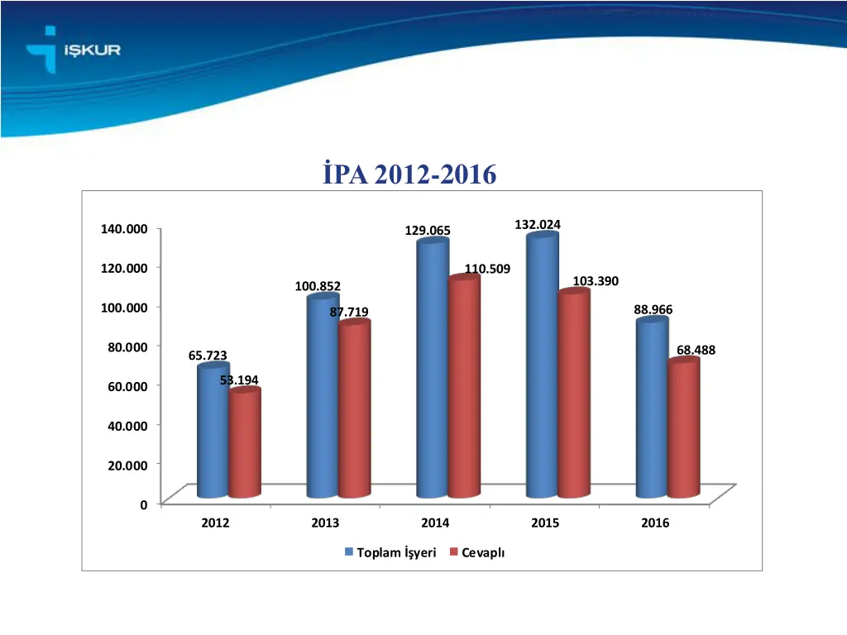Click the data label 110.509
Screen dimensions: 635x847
point(487,269)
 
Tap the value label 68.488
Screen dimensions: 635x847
point(696,350)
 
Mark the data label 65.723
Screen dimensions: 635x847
point(208,356)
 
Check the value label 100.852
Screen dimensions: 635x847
point(318,286)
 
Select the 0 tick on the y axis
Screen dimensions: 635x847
point(144,504)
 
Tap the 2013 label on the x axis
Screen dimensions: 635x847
point(325,523)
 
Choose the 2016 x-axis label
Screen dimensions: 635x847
point(655,523)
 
